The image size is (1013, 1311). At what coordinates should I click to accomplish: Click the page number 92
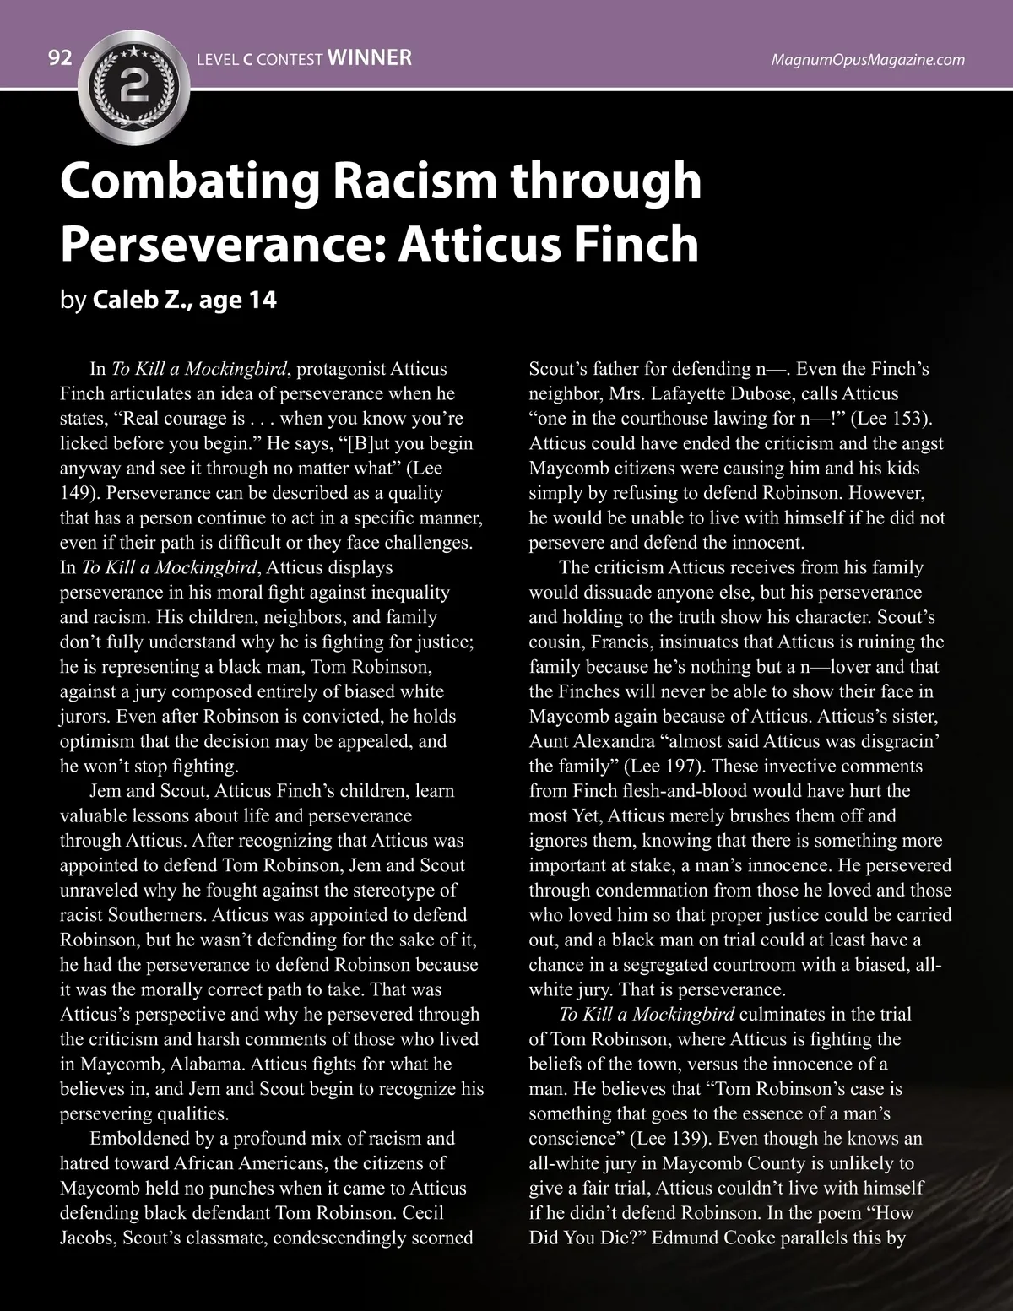click(x=60, y=58)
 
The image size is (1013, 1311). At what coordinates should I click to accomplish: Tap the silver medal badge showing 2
click(x=135, y=84)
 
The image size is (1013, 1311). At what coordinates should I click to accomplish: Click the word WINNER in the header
click(x=368, y=57)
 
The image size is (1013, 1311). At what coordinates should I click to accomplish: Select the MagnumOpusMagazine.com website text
click(x=868, y=59)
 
